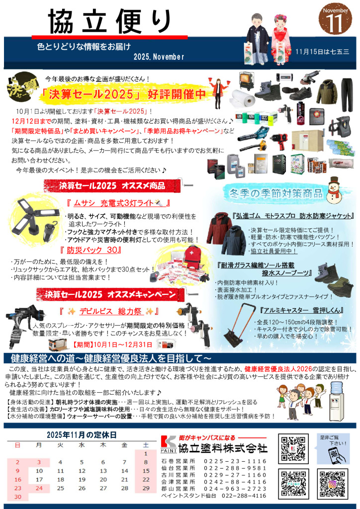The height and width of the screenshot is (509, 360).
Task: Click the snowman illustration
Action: [x=339, y=191]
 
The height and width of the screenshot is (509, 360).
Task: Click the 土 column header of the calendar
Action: [x=146, y=444]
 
